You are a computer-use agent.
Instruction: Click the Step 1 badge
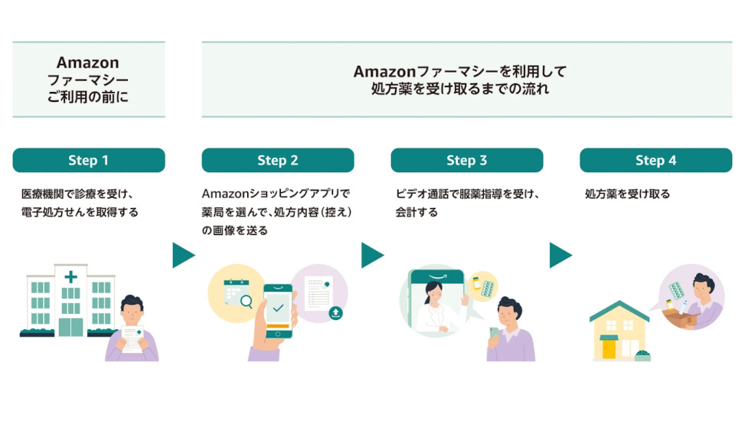89,160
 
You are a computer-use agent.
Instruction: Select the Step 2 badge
277,160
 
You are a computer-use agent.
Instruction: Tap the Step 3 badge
466,160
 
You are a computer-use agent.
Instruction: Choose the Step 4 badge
655,160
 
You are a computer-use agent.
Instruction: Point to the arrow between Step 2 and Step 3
371,256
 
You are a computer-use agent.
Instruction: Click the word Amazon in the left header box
88,63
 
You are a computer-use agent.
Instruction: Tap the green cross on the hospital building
71,276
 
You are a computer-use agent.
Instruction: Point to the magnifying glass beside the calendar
246,302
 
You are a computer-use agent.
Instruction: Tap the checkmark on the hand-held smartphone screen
278,308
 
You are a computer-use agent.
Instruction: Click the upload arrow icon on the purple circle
335,312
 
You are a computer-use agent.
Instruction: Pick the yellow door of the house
609,349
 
